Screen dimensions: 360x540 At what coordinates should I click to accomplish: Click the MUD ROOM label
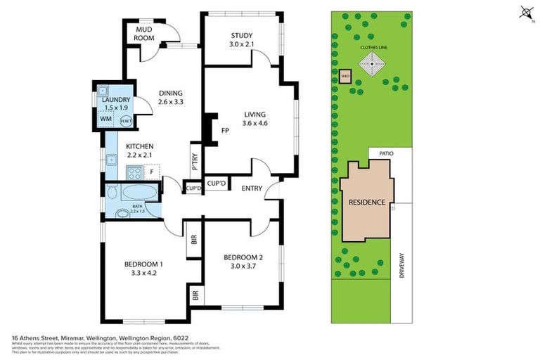144,33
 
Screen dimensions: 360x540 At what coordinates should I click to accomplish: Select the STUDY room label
240,37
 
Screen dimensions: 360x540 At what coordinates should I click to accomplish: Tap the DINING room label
170,93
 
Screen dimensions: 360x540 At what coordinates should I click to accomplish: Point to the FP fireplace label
225,131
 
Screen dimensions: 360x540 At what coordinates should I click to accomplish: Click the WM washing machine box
105,120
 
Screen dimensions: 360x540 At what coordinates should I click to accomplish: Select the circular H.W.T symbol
125,121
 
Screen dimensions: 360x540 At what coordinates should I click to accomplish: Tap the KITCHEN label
139,146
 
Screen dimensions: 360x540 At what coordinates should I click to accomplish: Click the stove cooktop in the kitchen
134,172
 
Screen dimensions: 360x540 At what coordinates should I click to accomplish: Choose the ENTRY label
252,188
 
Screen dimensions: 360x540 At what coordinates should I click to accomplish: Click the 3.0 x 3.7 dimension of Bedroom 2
241,266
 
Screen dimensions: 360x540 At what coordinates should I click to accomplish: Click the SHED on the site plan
345,76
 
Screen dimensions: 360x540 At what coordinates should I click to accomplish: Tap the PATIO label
386,152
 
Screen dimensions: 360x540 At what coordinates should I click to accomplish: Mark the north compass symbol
525,12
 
